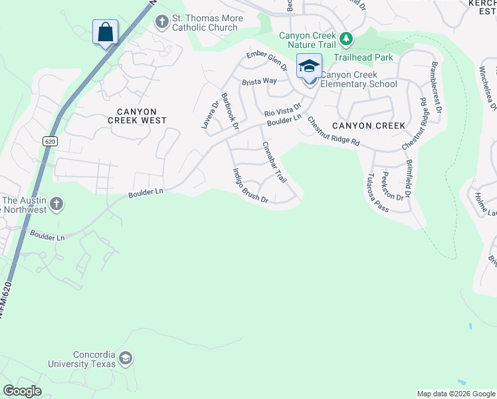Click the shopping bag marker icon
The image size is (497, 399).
(105, 32)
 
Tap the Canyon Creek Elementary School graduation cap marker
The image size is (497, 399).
(309, 66)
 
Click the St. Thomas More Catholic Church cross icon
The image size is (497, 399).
(161, 22)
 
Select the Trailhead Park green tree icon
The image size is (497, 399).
(346, 39)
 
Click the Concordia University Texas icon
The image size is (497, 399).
(125, 360)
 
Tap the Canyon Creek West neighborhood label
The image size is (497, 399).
(137, 116)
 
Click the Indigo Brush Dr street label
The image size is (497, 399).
(250, 186)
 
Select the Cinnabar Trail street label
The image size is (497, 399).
(274, 162)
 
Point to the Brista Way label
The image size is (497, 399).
(259, 81)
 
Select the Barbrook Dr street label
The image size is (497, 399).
(230, 110)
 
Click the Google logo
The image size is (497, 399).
(22, 391)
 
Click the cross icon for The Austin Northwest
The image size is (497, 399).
(57, 204)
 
